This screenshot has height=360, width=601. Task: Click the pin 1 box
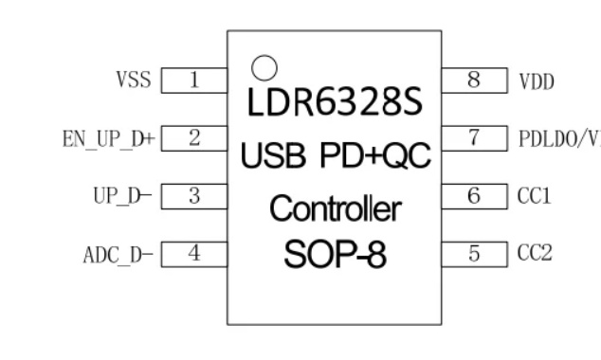(x=194, y=80)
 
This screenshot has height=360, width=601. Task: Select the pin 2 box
(x=194, y=138)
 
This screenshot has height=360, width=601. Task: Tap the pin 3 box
(x=194, y=196)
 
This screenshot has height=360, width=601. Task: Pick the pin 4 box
(x=194, y=254)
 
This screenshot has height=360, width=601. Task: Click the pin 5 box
(x=474, y=254)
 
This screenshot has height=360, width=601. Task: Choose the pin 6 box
(x=474, y=196)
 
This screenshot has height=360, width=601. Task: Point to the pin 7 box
(x=474, y=138)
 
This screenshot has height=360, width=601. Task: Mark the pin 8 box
(x=474, y=80)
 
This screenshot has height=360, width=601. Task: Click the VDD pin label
(x=537, y=81)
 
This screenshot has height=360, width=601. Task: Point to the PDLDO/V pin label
(x=558, y=139)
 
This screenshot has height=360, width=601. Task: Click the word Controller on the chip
(x=336, y=207)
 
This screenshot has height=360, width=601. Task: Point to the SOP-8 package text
(x=336, y=255)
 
